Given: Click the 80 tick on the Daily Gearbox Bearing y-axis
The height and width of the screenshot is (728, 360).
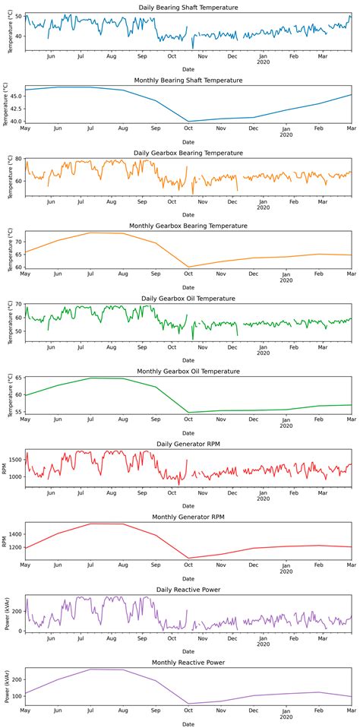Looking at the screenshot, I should (18, 159).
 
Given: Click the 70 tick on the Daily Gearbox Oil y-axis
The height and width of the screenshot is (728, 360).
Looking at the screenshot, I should (18, 304).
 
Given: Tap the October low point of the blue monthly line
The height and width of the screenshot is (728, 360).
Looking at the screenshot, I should (188, 122).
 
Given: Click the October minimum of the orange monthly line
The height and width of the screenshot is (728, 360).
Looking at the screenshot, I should (188, 267).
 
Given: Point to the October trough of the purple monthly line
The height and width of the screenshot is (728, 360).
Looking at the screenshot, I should (188, 704).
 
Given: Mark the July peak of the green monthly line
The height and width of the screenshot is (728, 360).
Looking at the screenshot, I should (90, 378).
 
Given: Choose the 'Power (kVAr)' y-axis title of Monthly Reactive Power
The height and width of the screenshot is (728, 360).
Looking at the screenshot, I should (6, 686).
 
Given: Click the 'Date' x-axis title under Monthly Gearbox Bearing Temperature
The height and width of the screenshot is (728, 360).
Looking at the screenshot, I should (188, 288).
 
